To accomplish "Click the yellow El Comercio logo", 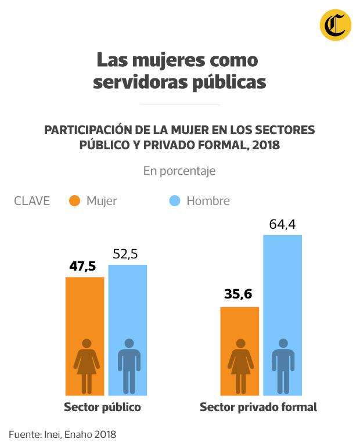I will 335,26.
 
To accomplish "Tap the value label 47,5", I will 82,267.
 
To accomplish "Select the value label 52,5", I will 128,254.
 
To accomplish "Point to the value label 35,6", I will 238,294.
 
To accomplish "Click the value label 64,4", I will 283,224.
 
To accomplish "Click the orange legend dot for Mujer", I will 74,201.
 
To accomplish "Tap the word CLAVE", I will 32,201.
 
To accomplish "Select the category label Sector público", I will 103,407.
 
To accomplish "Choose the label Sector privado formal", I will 258,407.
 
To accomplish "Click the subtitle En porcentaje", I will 179,171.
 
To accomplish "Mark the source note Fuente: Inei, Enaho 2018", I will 63,434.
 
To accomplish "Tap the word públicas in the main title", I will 229,82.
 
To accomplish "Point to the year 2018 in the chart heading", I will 265,145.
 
